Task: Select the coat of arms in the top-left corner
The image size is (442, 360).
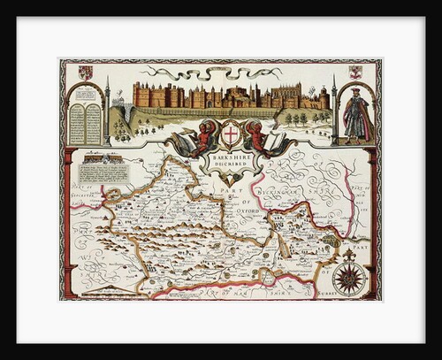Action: tap(85, 73)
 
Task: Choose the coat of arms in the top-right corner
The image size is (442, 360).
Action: tap(355, 73)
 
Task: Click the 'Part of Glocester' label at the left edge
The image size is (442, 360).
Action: tap(82, 188)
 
